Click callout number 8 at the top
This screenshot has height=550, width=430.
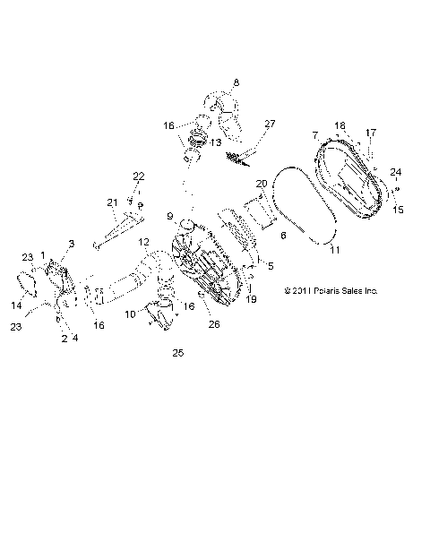pos(236,83)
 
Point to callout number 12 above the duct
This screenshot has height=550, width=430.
pos(143,243)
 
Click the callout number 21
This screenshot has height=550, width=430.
pos(113,202)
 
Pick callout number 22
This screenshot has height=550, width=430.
pos(138,176)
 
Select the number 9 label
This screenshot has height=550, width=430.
pos(169,216)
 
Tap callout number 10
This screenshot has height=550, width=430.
pos(130,314)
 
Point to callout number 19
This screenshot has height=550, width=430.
pos(251,299)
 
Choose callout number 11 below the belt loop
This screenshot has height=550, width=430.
pos(335,250)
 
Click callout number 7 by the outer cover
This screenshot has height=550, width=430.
pos(315,134)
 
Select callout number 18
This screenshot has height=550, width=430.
pos(340,125)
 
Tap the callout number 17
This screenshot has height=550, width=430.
pos(372,133)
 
